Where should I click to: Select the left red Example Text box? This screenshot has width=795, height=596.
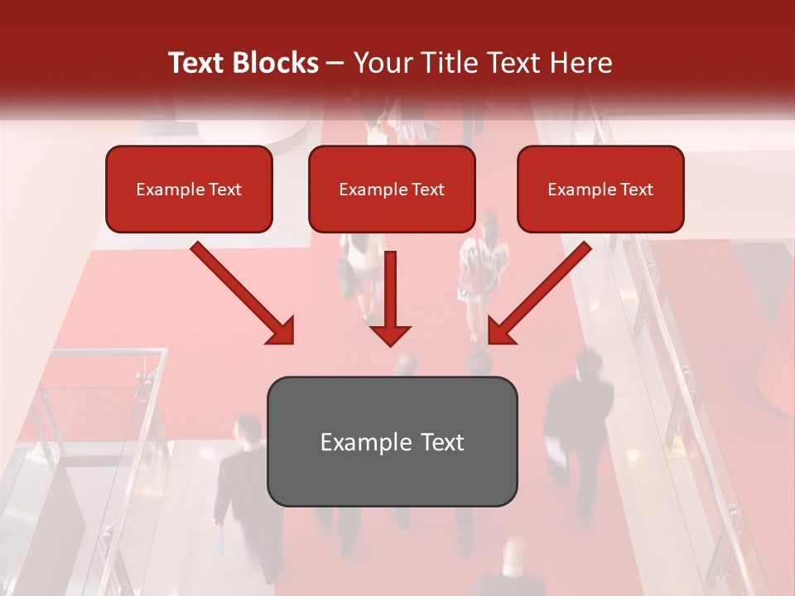[189, 190]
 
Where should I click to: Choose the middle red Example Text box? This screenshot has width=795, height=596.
[392, 190]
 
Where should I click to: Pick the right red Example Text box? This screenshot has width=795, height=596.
[600, 190]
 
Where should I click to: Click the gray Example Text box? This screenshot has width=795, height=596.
[392, 442]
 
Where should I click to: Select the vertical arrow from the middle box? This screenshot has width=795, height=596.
[390, 290]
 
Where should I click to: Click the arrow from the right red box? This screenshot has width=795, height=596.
[540, 292]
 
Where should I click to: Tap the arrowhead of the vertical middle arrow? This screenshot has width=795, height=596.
[390, 334]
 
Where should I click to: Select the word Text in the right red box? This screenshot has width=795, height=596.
[637, 190]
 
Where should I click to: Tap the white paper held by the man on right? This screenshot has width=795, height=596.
[556, 455]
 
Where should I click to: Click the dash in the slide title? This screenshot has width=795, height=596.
[335, 63]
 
